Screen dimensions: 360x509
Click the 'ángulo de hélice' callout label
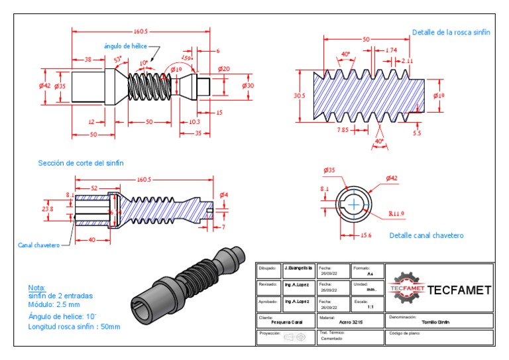(125, 46)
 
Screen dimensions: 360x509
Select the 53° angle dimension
(119, 60)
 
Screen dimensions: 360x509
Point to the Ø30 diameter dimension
(248, 86)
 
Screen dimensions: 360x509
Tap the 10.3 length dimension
(194, 122)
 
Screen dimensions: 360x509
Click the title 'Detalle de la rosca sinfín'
(451, 32)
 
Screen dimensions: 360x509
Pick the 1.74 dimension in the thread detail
(391, 50)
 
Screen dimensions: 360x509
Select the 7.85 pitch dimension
(343, 130)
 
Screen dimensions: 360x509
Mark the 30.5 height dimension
(300, 96)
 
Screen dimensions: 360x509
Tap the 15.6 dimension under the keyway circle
(365, 235)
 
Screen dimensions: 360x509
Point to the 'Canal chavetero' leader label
(38, 245)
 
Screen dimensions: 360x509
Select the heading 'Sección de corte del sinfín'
(81, 162)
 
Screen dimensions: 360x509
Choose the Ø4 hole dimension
(224, 194)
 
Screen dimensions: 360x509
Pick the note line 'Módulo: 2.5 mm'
(54, 305)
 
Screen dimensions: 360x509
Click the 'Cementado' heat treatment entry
(332, 338)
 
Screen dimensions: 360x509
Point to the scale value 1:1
(370, 307)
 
